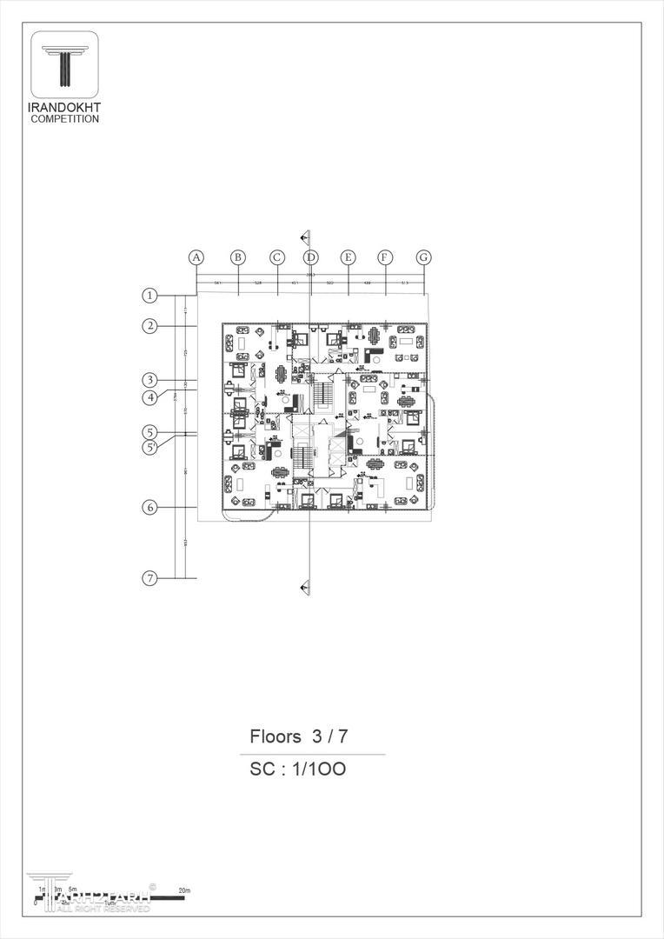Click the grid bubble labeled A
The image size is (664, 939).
pos(196,257)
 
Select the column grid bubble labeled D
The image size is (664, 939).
pos(311,257)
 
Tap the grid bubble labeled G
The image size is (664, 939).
pos(423,257)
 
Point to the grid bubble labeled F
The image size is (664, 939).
pos(385,257)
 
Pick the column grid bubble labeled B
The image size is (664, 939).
pos(237,257)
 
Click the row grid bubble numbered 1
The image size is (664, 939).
pos(150,296)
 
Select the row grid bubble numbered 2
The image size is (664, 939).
pos(150,326)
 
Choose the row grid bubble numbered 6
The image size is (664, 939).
pos(150,507)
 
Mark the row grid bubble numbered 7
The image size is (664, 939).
pos(150,578)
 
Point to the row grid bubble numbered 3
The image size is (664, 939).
pos(150,380)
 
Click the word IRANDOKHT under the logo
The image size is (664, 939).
pos(64,108)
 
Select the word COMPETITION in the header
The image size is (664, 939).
pos(64,119)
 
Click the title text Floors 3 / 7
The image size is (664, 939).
pos(299,736)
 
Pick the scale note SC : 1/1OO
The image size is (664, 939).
pos(298,769)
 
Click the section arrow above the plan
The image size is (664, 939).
pos(304,236)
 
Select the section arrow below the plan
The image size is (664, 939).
pos(304,589)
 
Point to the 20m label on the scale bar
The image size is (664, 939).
pos(183,891)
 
